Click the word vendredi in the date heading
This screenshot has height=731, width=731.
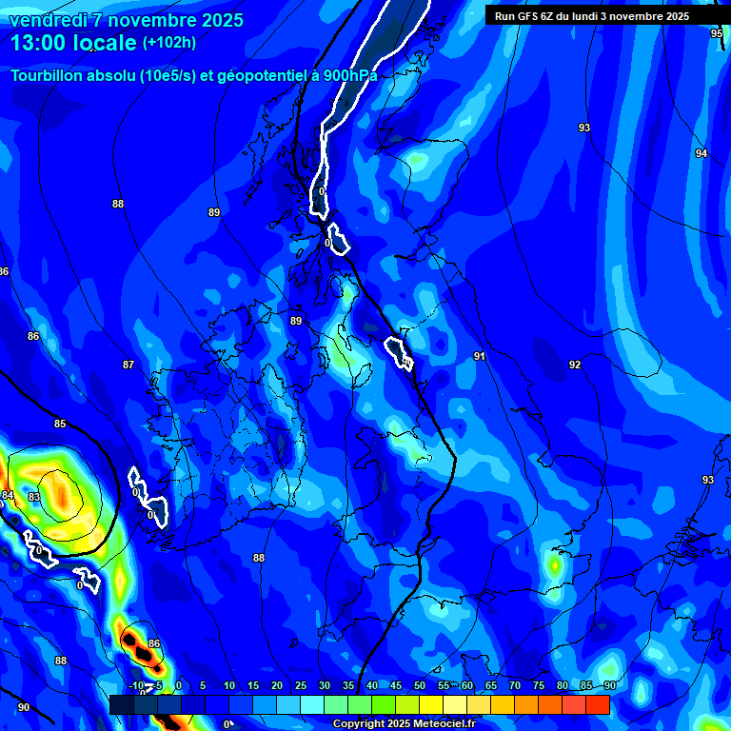point(47,20)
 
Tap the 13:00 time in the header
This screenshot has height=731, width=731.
point(44,43)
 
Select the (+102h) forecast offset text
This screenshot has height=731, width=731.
point(168,43)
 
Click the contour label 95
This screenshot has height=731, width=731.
point(717,33)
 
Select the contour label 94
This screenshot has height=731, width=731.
point(701,153)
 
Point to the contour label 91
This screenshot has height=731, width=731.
point(480,356)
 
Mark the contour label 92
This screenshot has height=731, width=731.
point(575,365)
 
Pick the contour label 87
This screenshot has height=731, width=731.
point(128,365)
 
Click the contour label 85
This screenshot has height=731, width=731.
point(60,424)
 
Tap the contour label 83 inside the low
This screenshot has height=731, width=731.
point(34,497)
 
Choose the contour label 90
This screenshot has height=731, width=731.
point(24,707)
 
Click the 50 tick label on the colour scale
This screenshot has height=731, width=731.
point(420,685)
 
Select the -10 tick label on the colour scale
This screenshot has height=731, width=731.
point(136,685)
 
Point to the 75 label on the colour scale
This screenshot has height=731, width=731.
point(539,685)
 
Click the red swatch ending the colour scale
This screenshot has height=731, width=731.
point(598,704)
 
